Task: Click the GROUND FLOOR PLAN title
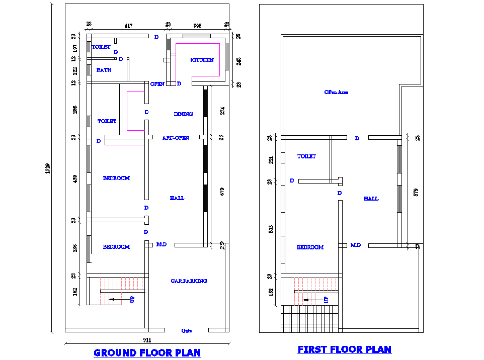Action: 147,353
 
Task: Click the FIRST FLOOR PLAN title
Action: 344,349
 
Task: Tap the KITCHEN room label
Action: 202,60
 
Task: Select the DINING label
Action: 183,114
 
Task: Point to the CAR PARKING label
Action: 189,281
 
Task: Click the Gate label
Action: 186,331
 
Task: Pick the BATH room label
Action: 104,70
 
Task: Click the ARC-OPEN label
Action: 176,138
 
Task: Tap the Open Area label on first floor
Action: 336,93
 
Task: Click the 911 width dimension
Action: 148,340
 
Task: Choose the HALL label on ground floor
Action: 177,198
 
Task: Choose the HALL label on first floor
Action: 371,199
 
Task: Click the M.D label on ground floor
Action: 162,245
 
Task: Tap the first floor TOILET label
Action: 306,157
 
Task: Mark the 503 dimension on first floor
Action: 270,229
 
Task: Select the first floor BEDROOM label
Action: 310,247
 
